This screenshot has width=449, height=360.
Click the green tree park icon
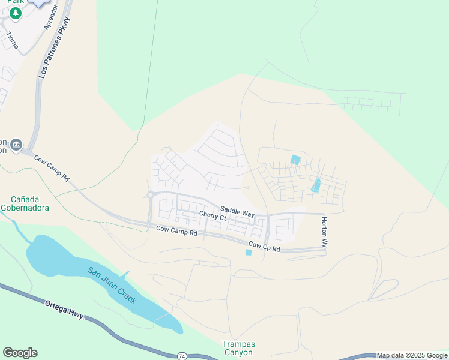click(x=16, y=13)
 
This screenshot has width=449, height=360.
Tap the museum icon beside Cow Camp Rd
click(x=16, y=145)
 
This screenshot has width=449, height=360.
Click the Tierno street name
click(x=12, y=41)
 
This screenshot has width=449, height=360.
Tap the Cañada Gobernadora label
click(x=29, y=203)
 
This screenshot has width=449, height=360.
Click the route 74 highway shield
click(x=182, y=356)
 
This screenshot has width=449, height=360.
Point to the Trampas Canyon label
click(x=239, y=348)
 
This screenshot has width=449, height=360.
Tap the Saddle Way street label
click(x=237, y=211)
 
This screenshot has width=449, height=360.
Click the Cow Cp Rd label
click(x=264, y=246)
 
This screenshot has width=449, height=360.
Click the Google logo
click(x=20, y=353)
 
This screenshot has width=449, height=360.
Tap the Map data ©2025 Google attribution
click(x=412, y=356)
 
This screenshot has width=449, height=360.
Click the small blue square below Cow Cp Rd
click(x=249, y=253)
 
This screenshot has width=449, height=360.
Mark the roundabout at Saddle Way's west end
click(x=149, y=194)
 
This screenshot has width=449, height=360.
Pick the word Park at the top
click(x=15, y=2)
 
